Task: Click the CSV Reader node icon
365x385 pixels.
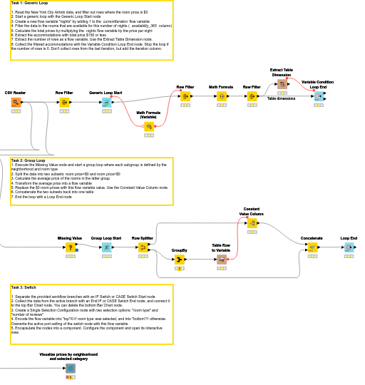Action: point(16,103)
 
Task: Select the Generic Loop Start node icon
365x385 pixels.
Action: point(106,103)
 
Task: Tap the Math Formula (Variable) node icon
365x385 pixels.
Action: point(148,126)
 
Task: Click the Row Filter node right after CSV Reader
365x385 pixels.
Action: point(64,103)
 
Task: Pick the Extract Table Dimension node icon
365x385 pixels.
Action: point(282,84)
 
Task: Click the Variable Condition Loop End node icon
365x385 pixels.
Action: point(318,96)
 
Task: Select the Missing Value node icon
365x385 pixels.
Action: point(70,247)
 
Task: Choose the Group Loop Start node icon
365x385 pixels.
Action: point(106,247)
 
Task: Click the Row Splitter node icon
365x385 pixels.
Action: point(143,247)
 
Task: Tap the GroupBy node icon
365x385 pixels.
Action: point(179,260)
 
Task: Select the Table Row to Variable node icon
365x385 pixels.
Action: point(221,260)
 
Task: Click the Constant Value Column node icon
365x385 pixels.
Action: point(251,223)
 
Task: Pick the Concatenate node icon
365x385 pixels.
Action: point(312,247)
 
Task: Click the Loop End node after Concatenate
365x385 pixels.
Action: point(348,247)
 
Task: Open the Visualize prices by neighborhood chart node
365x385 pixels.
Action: point(70,368)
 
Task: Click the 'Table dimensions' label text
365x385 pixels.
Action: point(281,98)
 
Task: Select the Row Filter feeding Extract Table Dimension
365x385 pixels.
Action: point(252,96)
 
